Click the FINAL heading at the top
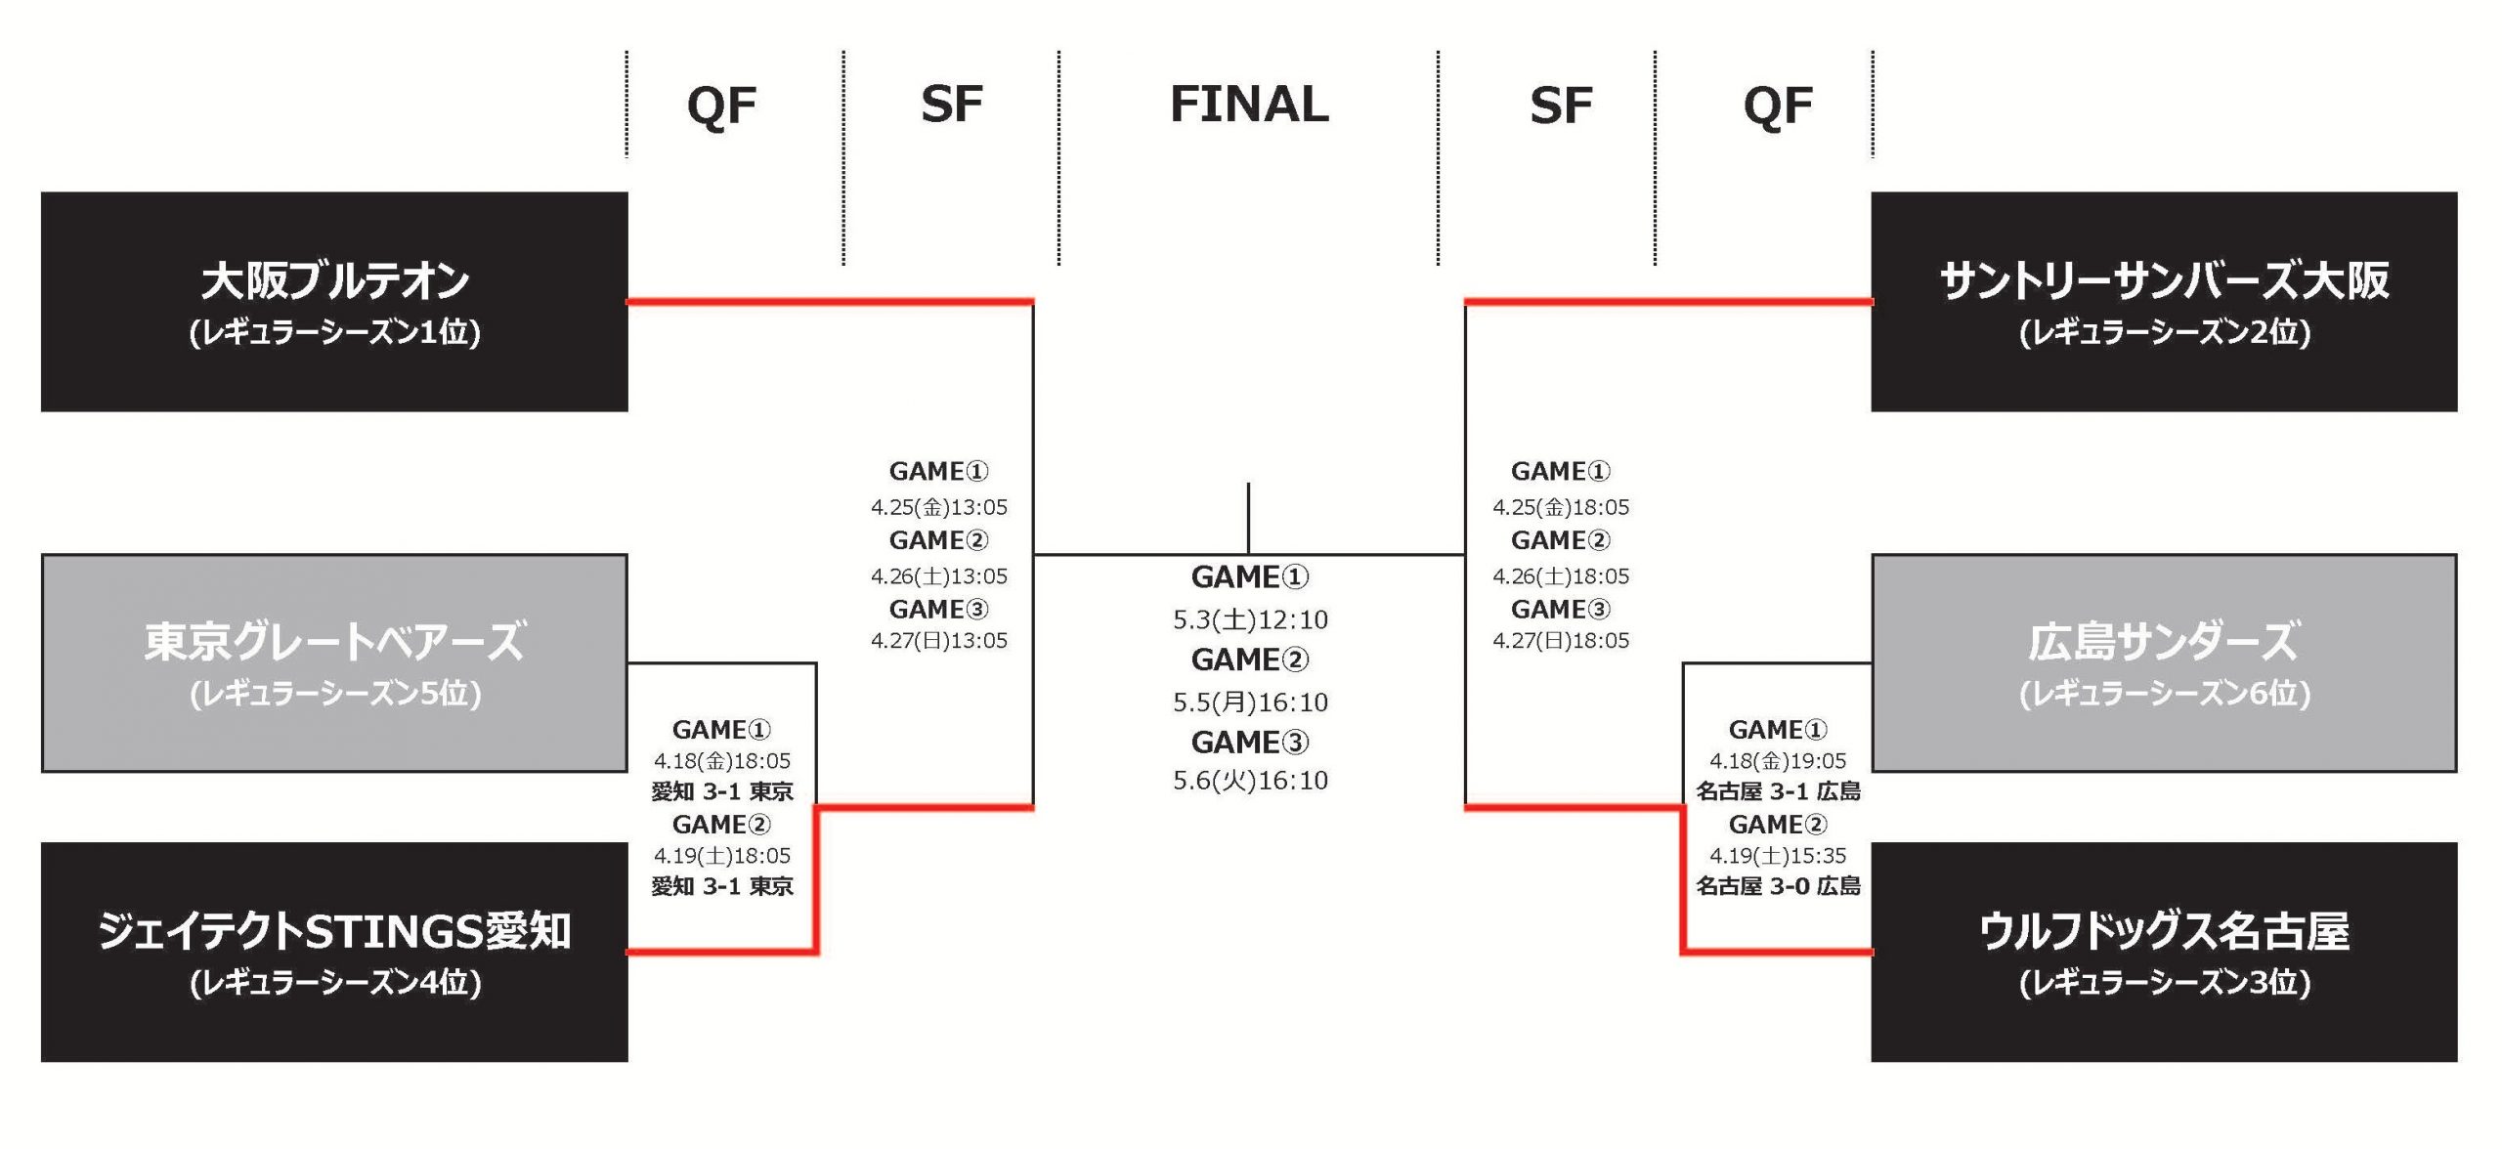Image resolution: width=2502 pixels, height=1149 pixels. tap(1249, 105)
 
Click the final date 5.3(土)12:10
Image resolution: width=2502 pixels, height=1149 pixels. tap(1250, 619)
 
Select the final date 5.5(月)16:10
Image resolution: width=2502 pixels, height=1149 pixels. tap(1250, 702)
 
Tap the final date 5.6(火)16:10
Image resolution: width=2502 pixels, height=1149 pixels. tap(1250, 781)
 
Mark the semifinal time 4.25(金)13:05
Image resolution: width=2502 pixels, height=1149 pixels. tap(938, 507)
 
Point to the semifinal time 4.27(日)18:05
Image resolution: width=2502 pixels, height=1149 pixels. tap(1561, 641)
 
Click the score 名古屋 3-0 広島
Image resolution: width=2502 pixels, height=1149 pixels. tap(1778, 886)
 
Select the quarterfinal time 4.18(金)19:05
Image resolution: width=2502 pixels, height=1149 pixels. tap(1778, 761)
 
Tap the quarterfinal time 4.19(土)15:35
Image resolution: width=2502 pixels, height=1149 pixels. tap(1778, 856)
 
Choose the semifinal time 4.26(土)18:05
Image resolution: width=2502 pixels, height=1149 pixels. tap(1561, 576)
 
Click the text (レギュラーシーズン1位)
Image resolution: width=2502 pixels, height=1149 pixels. tap(334, 333)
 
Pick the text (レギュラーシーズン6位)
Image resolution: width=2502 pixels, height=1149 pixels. tap(2164, 694)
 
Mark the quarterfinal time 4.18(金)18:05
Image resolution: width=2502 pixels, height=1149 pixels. tap(722, 761)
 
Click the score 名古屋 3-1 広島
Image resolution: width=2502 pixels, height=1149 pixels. tap(1778, 791)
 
